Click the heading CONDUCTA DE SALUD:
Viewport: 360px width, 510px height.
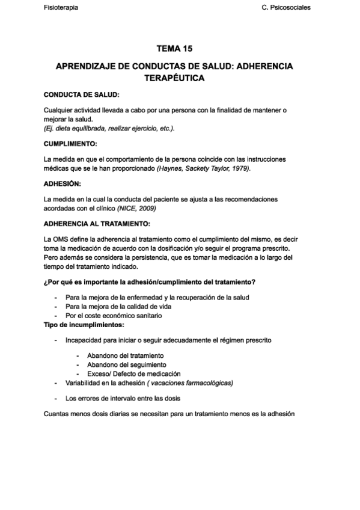tap(82, 94)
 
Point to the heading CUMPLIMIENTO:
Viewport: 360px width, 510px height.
tap(70, 144)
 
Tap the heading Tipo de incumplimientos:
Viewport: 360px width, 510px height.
tap(84, 325)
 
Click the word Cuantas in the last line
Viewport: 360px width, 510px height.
tap(58, 413)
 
